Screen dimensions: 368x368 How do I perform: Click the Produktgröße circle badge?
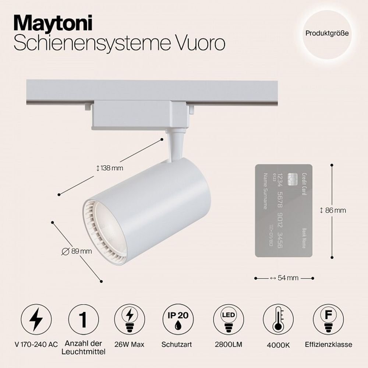[327, 33]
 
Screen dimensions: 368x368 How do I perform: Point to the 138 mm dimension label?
[109, 168]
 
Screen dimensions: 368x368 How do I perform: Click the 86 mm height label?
[333, 210]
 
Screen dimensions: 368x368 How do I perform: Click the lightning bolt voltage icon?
[36, 319]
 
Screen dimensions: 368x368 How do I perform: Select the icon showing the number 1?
[84, 319]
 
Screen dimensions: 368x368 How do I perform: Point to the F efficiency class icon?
[328, 319]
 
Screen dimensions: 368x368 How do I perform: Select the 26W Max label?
[130, 345]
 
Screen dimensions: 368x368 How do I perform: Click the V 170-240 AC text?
[36, 345]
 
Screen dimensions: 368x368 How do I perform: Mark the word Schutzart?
[177, 345]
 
